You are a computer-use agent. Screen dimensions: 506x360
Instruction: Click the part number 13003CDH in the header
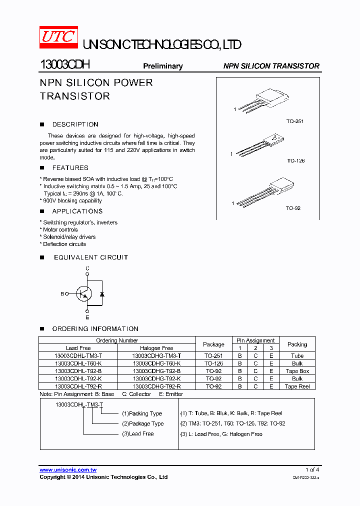pos(64,65)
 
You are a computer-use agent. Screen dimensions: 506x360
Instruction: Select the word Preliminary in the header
pos(163,66)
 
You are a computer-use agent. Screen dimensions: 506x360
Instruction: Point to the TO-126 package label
pos(295,161)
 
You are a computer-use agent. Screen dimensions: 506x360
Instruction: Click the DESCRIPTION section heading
pos(75,124)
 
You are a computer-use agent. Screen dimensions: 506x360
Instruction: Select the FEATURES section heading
pos(70,168)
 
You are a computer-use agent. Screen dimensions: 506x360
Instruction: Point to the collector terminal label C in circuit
pos(87,268)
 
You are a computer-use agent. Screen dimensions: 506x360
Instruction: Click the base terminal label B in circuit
pos(62,294)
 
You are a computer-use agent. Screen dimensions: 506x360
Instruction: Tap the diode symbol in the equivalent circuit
pos(102,294)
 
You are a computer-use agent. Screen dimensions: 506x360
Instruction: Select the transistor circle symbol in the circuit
pos(84,294)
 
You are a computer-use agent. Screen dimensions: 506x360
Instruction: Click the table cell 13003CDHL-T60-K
pos(78,363)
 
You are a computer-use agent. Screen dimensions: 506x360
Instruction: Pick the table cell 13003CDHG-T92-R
pos(156,386)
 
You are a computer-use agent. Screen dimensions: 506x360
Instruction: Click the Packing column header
pos(297,344)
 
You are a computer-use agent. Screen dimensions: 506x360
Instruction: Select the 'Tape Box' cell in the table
pos(297,371)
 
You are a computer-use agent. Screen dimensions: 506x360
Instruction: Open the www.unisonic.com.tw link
pos(68,470)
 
